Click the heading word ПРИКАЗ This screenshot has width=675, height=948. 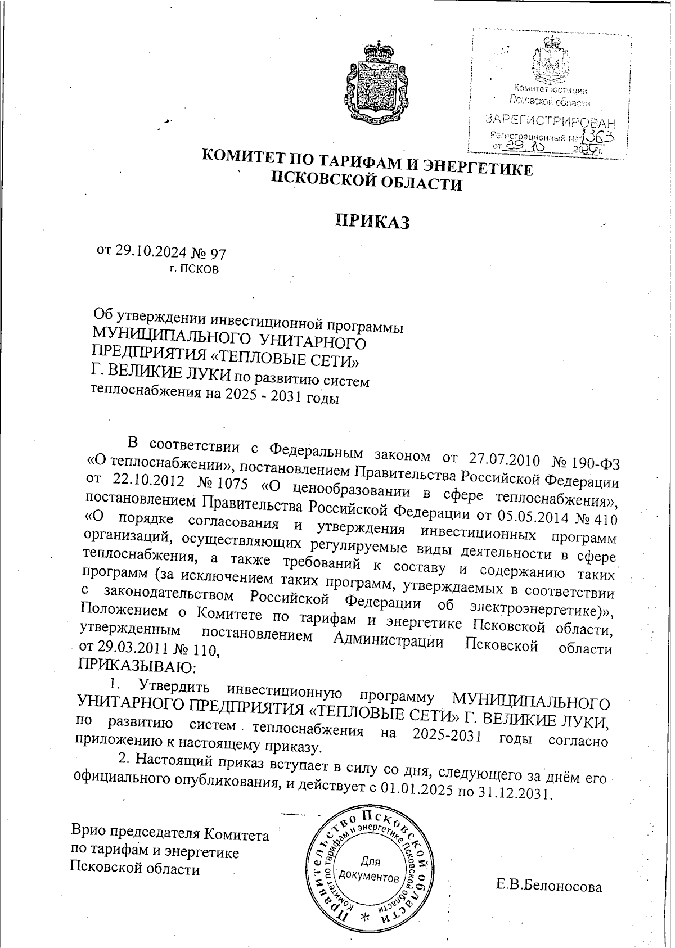(372, 222)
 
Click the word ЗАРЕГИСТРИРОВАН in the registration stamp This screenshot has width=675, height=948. (550, 120)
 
